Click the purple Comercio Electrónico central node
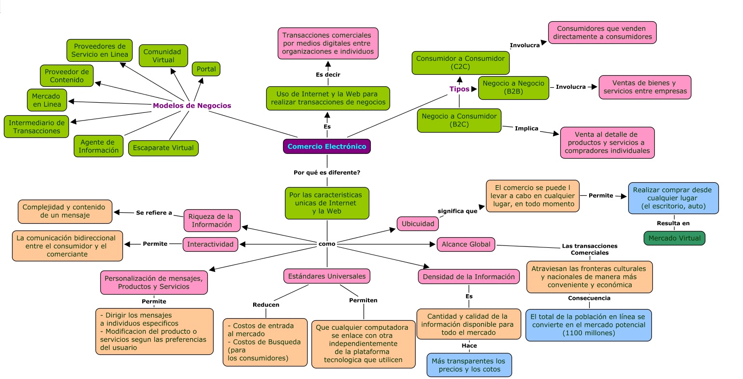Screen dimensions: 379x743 pos(327,147)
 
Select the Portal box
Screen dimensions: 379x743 pos(206,69)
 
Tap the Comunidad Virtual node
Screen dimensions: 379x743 pos(163,56)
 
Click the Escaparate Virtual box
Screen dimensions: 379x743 pos(163,148)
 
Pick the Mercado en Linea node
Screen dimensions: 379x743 pos(47,100)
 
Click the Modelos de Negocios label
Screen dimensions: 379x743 pos(192,106)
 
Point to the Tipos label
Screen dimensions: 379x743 pos(459,89)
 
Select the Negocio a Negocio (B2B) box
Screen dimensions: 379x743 pos(513,87)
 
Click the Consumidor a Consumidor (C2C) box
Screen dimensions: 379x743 pos(460,63)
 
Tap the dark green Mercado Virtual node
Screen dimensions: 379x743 pos(674,238)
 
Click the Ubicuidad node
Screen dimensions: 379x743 pos(418,224)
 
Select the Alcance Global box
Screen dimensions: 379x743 pos(466,244)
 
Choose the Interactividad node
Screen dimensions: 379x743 pos(210,244)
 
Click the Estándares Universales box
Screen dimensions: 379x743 pos(327,276)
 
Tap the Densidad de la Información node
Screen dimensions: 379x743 pos(469,277)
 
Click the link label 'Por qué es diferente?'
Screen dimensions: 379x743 pos(327,173)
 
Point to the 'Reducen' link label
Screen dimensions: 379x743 pos(266,305)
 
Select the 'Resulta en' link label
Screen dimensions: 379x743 pos(673,223)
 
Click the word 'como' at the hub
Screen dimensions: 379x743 pos(327,244)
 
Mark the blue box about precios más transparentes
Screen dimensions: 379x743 pos(469,365)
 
